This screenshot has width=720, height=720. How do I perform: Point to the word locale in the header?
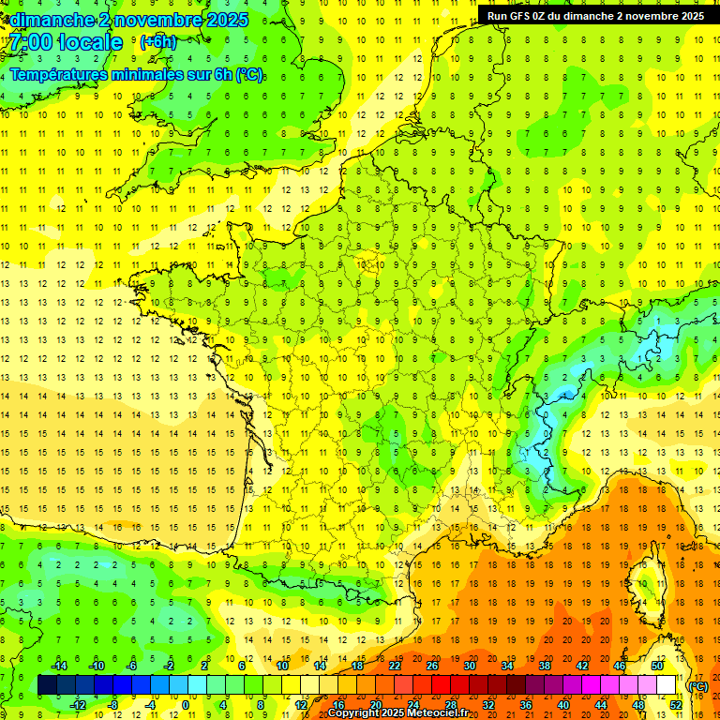[x=89, y=42]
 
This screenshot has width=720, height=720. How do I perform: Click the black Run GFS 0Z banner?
[x=595, y=16]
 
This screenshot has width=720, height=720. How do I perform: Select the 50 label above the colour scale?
[x=656, y=666]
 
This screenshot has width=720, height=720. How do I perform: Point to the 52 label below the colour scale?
[x=675, y=704]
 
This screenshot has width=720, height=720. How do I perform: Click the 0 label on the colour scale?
[x=186, y=704]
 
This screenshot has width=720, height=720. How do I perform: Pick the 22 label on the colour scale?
[x=395, y=666]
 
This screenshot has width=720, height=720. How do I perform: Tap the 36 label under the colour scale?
[x=525, y=704]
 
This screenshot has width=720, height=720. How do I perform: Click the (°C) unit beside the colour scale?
[x=697, y=686]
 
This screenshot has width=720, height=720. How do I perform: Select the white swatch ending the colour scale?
[x=666, y=685]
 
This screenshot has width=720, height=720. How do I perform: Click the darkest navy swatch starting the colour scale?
[x=47, y=685]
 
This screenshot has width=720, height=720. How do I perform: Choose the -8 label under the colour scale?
[x=112, y=704]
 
